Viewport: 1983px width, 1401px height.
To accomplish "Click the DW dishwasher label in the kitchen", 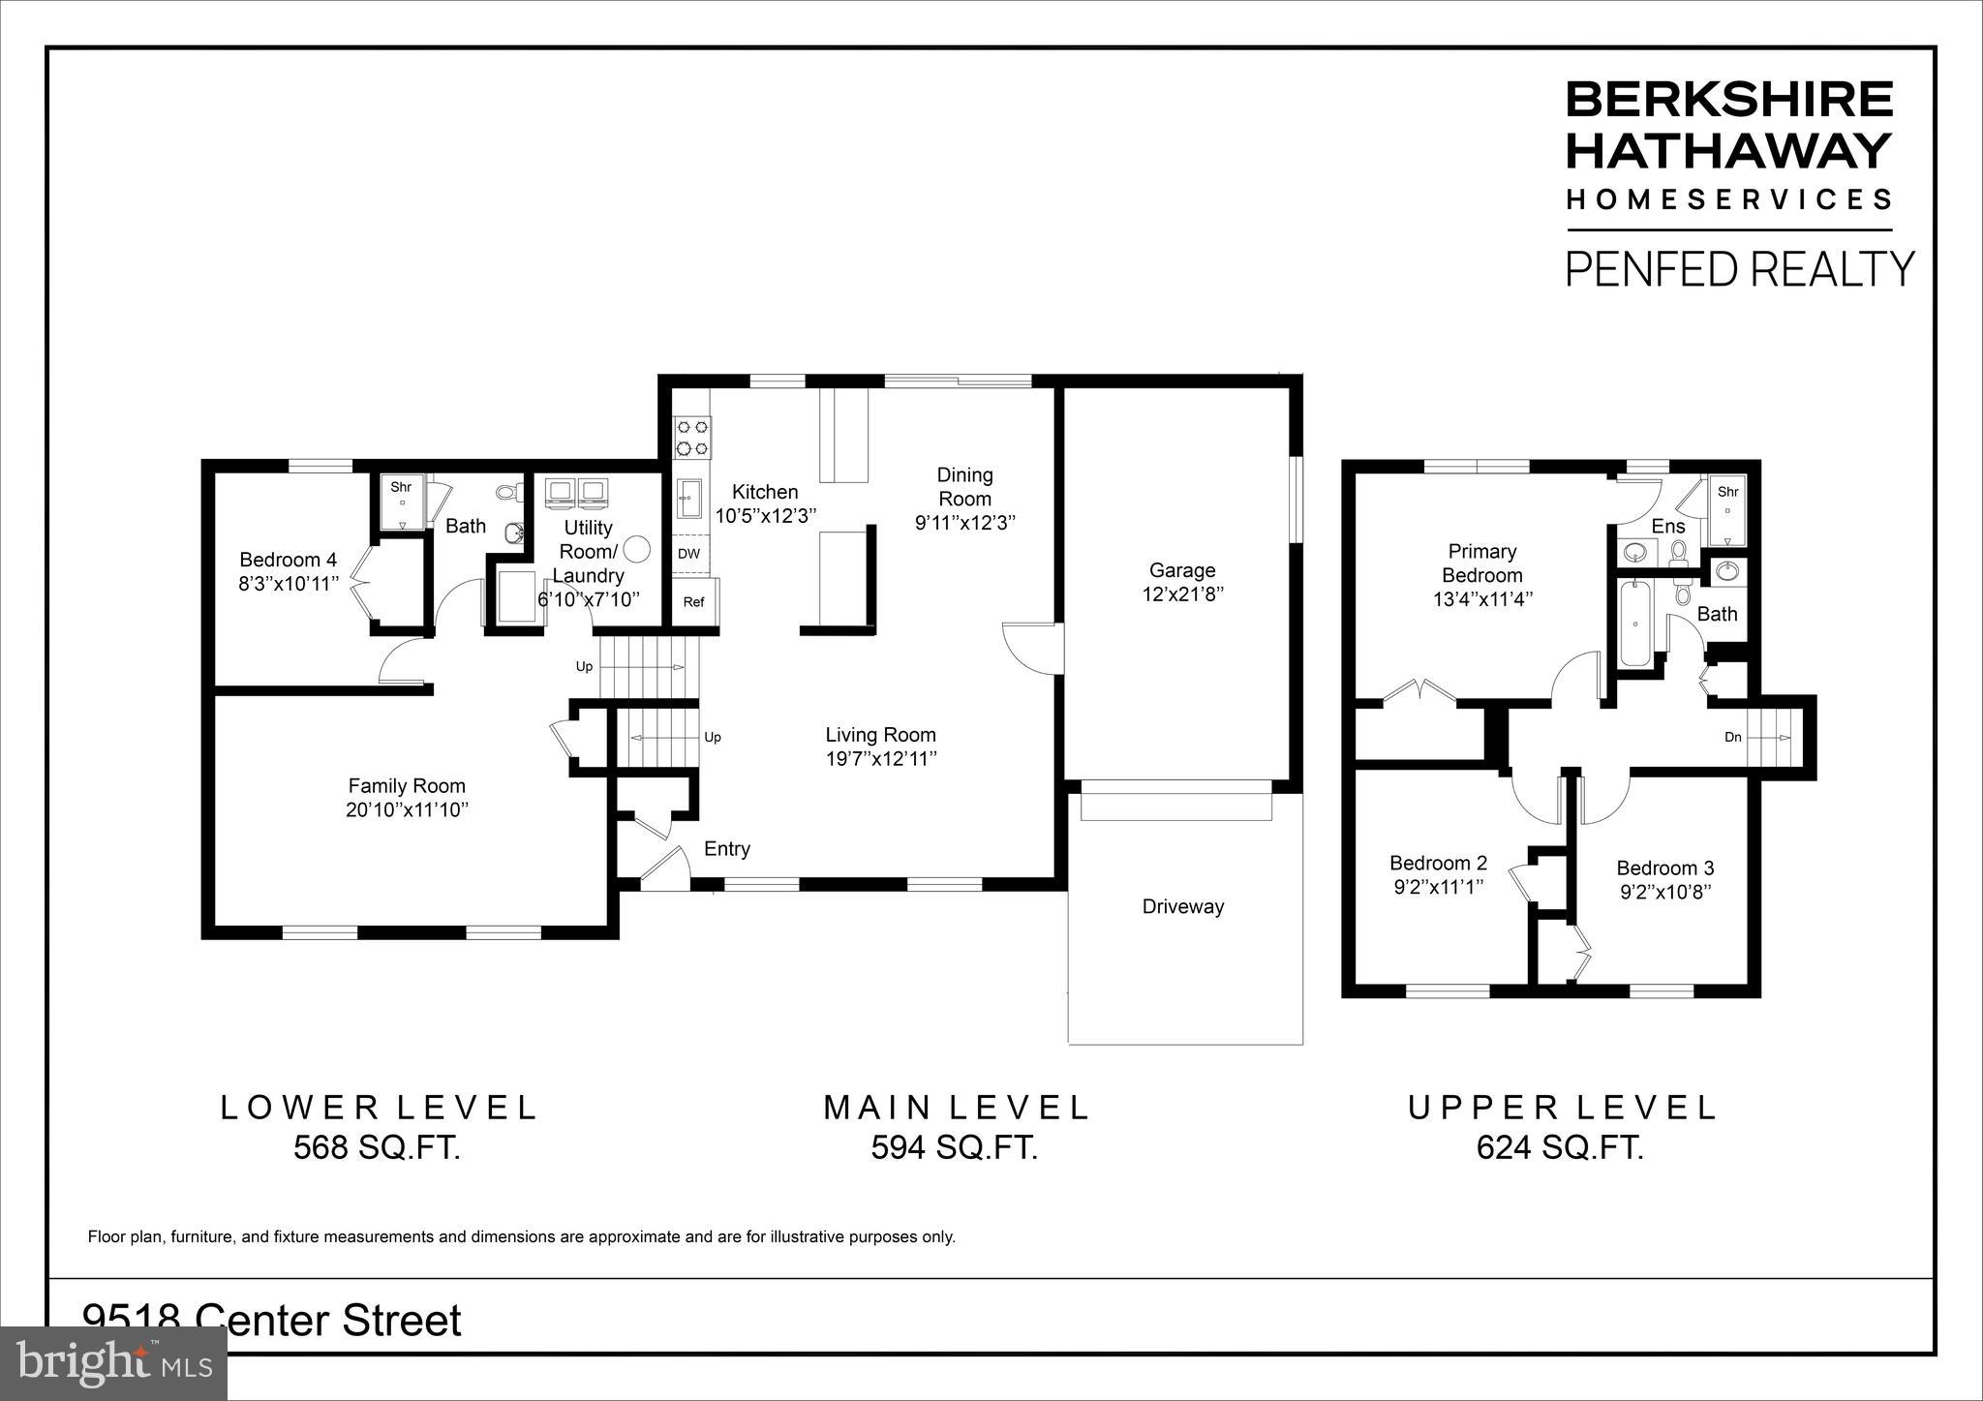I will tap(688, 554).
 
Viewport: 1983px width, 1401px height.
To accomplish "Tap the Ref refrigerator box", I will tap(693, 601).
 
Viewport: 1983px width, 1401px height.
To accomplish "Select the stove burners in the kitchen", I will tap(691, 437).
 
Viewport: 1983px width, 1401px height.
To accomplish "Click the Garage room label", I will tap(1181, 570).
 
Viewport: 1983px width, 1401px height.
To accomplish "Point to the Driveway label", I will tap(1182, 906).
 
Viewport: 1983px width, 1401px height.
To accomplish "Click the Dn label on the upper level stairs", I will tap(1732, 737).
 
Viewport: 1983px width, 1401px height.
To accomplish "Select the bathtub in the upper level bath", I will tap(1633, 623).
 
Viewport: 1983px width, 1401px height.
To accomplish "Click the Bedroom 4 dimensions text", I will tap(290, 584).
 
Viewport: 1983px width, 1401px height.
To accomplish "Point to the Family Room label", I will tap(407, 785).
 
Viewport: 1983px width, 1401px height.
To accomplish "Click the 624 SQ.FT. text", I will tap(1560, 1147).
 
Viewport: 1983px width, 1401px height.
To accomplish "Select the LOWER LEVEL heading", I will tap(379, 1107).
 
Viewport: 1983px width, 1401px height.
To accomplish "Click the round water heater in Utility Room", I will tap(636, 549).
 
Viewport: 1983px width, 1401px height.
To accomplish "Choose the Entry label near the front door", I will tap(726, 849).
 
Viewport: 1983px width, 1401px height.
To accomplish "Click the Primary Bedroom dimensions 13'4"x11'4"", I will tap(1481, 599).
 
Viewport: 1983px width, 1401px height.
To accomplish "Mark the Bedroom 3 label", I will tap(1664, 868).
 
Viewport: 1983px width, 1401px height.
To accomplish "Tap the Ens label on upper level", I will tap(1667, 526).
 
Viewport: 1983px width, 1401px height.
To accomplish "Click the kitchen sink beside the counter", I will tap(689, 499).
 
